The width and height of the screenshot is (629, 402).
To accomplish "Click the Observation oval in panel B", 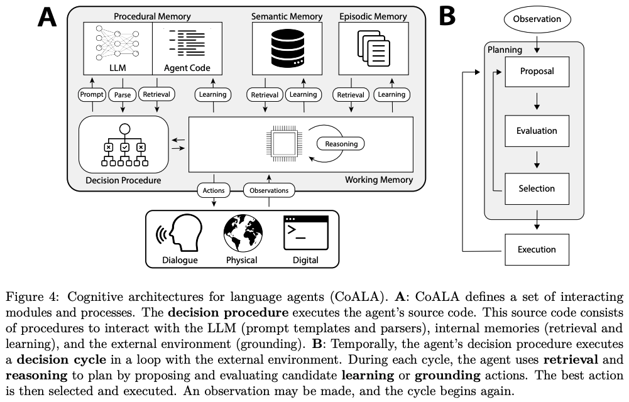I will coord(537,19).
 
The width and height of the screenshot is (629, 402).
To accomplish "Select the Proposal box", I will coord(537,71).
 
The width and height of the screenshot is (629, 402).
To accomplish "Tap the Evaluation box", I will coord(537,131).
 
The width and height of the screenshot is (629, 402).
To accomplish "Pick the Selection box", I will coord(537,188).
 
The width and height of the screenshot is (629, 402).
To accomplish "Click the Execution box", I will coord(537,249).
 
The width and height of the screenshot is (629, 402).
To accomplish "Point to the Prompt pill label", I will coord(92,95).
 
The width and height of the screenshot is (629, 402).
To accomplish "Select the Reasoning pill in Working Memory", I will coord(341,144).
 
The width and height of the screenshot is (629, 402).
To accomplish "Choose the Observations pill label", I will coord(269,190).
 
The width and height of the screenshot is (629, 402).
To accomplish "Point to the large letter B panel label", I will coord(447,17).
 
